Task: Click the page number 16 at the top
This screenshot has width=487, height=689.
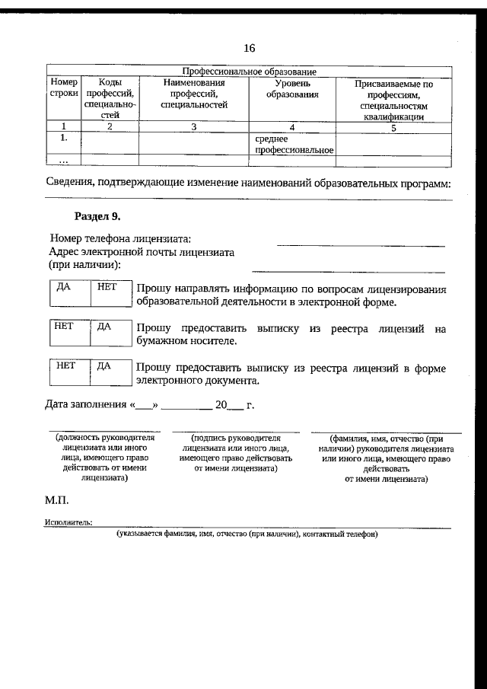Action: (x=249, y=48)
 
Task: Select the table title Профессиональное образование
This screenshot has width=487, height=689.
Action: (x=249, y=72)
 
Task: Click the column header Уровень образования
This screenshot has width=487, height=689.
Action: (x=292, y=88)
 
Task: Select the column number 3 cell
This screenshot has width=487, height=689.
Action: (x=194, y=127)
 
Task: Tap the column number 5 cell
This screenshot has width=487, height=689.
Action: (x=393, y=128)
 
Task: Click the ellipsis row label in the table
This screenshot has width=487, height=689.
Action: (x=64, y=161)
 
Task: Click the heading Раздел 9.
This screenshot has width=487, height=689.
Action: (x=98, y=216)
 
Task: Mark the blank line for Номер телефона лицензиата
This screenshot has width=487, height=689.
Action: (x=360, y=245)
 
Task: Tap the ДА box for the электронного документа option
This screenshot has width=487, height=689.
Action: (x=111, y=372)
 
